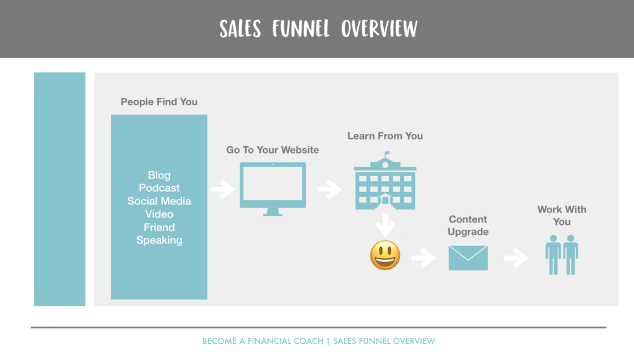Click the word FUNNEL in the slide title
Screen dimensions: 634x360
pyautogui.click(x=301, y=29)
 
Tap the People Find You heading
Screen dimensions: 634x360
pyautogui.click(x=159, y=102)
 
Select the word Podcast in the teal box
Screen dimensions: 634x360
pyautogui.click(x=159, y=188)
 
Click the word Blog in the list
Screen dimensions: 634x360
pyautogui.click(x=159, y=175)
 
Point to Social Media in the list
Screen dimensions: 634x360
pyautogui.click(x=159, y=201)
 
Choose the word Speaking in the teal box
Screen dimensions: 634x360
pyautogui.click(x=159, y=240)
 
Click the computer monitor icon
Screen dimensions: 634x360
pyautogui.click(x=272, y=189)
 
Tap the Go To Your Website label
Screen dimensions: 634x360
pyautogui.click(x=272, y=150)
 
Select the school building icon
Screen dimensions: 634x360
pyautogui.click(x=385, y=181)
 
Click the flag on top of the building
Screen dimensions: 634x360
pyautogui.click(x=387, y=153)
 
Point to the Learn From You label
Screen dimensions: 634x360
pyautogui.click(x=385, y=136)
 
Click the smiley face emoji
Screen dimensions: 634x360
pyautogui.click(x=385, y=255)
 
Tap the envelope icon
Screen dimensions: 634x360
pyautogui.click(x=468, y=258)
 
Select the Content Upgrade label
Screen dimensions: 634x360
pyautogui.click(x=468, y=226)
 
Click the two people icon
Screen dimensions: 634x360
pyautogui.click(x=562, y=255)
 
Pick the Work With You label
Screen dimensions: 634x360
pyautogui.click(x=562, y=216)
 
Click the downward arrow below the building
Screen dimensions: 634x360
pyautogui.click(x=385, y=225)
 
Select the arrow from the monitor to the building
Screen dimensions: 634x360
pyautogui.click(x=329, y=189)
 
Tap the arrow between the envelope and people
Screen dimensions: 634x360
pyautogui.click(x=516, y=258)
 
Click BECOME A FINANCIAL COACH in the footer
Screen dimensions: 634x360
pyautogui.click(x=263, y=341)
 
